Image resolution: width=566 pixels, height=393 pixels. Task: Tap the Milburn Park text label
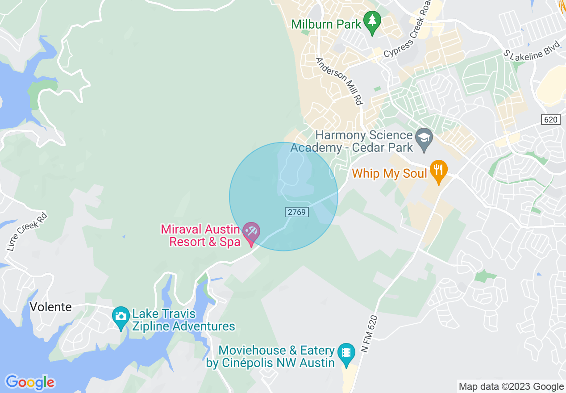[x=326, y=24]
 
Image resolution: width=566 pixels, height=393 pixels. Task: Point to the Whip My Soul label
[x=390, y=173]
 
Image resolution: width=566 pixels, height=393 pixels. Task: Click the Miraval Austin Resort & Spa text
[x=201, y=235]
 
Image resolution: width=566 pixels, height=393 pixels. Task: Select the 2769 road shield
[x=296, y=212]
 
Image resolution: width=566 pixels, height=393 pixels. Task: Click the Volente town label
[x=50, y=307]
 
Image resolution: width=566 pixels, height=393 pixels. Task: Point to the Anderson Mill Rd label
[x=339, y=81]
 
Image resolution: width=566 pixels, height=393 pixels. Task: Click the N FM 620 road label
[x=370, y=334]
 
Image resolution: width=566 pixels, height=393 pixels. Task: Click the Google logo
[x=30, y=382]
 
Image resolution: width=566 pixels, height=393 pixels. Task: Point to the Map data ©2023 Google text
[x=511, y=386]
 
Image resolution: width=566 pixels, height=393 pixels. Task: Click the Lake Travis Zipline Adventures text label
[x=183, y=320]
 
